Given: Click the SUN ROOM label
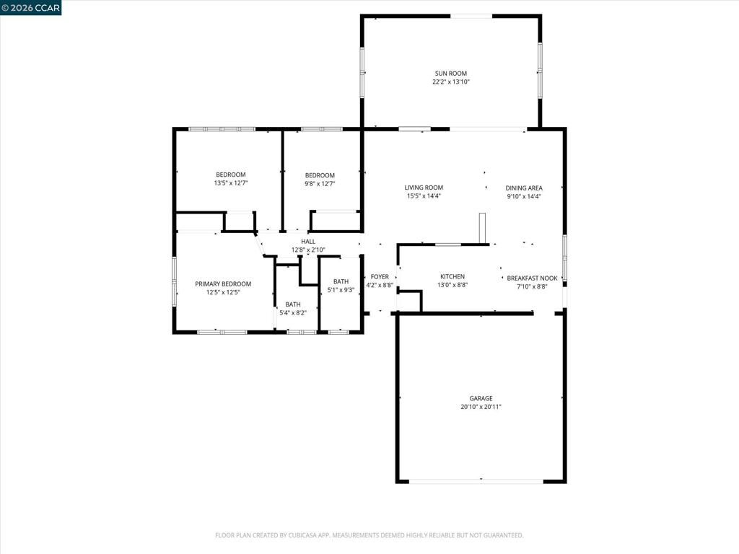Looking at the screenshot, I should coord(450,73).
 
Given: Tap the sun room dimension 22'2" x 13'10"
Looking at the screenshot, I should coord(450,82).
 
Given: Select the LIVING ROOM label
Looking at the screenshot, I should coord(424,188).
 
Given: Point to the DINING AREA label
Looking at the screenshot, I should coord(524,188).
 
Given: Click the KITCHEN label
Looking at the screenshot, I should coord(452,276).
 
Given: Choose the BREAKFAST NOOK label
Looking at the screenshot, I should coord(532,278).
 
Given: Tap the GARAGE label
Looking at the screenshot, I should coord(481,398).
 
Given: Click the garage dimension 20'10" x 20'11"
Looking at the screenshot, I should coord(481,407).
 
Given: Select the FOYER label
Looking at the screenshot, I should coord(380,276).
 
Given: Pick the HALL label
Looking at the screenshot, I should coord(308,242).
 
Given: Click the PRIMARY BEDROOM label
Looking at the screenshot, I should coord(223,283).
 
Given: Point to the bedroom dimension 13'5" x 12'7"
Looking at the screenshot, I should coord(230,183).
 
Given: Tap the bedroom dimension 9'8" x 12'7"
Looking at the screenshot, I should coord(320,184).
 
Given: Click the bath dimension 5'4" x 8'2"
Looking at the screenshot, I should coord(292,313).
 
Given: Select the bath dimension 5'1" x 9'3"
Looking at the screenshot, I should coord(341,290).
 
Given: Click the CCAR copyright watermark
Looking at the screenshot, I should coord(30,7).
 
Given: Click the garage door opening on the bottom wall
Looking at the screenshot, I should coord(476,481).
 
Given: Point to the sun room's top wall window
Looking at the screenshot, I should coord(472,16).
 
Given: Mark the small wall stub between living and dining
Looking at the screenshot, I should coord(484,229).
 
